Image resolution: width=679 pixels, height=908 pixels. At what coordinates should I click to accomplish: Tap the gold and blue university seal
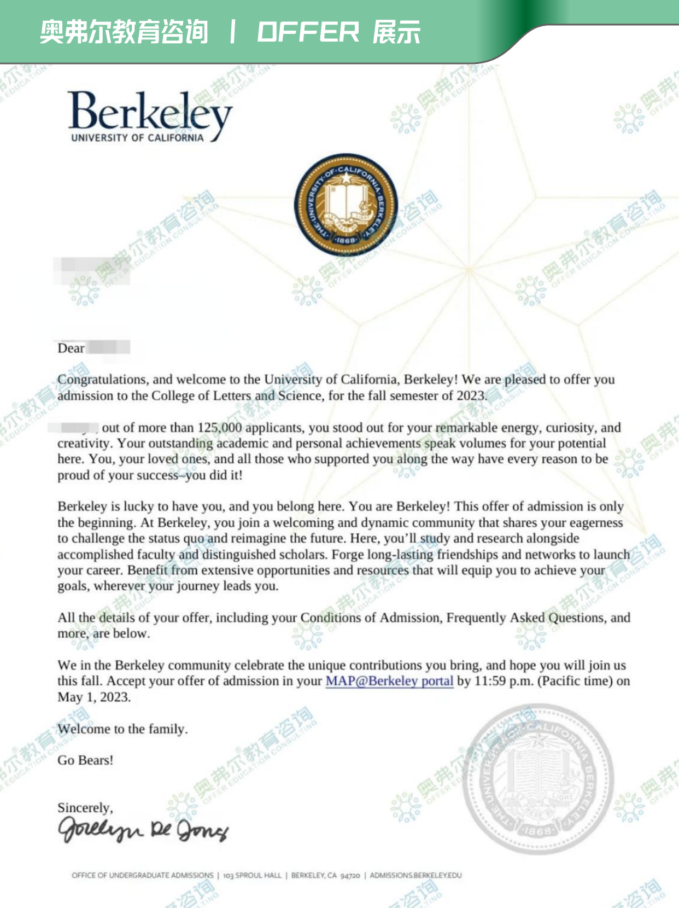click(x=346, y=204)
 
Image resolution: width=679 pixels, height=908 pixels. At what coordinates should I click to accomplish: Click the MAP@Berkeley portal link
click(x=389, y=681)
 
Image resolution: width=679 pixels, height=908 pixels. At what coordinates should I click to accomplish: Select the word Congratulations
click(x=102, y=380)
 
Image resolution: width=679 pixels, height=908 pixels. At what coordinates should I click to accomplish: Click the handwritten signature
click(x=143, y=830)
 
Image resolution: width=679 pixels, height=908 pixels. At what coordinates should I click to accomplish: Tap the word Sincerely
click(x=85, y=808)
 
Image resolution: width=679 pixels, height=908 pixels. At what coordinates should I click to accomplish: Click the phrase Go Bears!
click(x=85, y=760)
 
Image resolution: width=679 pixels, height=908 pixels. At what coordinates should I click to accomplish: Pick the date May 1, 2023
click(x=94, y=697)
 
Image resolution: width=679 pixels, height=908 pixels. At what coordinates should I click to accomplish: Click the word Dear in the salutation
click(x=71, y=348)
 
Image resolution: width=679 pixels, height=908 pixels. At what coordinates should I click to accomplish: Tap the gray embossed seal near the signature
click(x=538, y=779)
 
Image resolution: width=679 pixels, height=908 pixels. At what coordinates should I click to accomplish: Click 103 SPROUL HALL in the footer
click(x=252, y=875)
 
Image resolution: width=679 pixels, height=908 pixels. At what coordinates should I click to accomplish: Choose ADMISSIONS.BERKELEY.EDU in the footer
click(x=415, y=875)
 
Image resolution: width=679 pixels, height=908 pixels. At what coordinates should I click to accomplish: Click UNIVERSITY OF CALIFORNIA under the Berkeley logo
click(x=137, y=138)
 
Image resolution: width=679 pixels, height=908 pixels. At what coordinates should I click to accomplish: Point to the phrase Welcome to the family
click(x=122, y=729)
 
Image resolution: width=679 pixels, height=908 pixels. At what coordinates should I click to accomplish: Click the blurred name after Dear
click(x=109, y=348)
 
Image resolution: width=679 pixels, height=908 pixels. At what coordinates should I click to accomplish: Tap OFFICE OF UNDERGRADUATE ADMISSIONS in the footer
click(x=142, y=875)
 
